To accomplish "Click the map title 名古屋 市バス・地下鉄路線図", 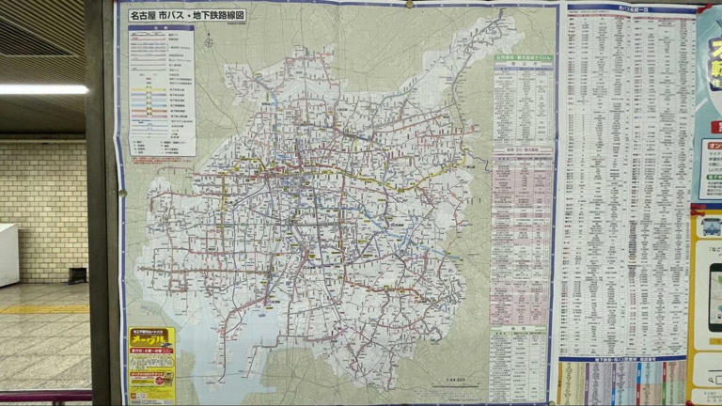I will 187,15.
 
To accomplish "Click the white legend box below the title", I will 162,90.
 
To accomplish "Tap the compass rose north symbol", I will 208,41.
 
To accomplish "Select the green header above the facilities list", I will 523,58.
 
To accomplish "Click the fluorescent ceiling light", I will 42,89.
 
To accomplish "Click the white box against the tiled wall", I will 8,255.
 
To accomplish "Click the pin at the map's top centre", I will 408,4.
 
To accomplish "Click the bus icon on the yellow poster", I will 710,226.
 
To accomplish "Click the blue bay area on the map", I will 254,348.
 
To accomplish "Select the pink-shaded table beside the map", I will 522,235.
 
